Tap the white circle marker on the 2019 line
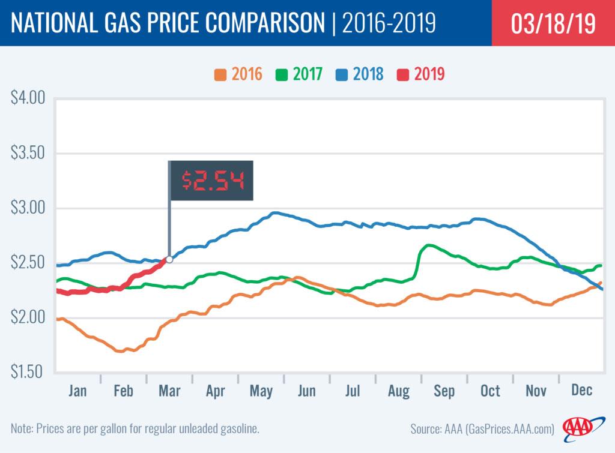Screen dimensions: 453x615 (x=169, y=259)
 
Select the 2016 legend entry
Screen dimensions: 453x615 (x=238, y=74)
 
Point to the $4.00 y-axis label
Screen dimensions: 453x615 (x=28, y=98)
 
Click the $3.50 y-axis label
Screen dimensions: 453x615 (x=28, y=153)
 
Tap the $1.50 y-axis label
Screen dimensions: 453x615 (x=28, y=372)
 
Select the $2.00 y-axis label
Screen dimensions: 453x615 (x=28, y=317)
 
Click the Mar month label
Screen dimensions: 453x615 (x=169, y=391)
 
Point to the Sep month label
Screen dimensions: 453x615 (x=444, y=391)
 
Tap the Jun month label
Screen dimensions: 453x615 (x=307, y=391)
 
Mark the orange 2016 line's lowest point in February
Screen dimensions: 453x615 (x=121, y=351)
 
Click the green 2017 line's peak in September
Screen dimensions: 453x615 (x=428, y=245)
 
